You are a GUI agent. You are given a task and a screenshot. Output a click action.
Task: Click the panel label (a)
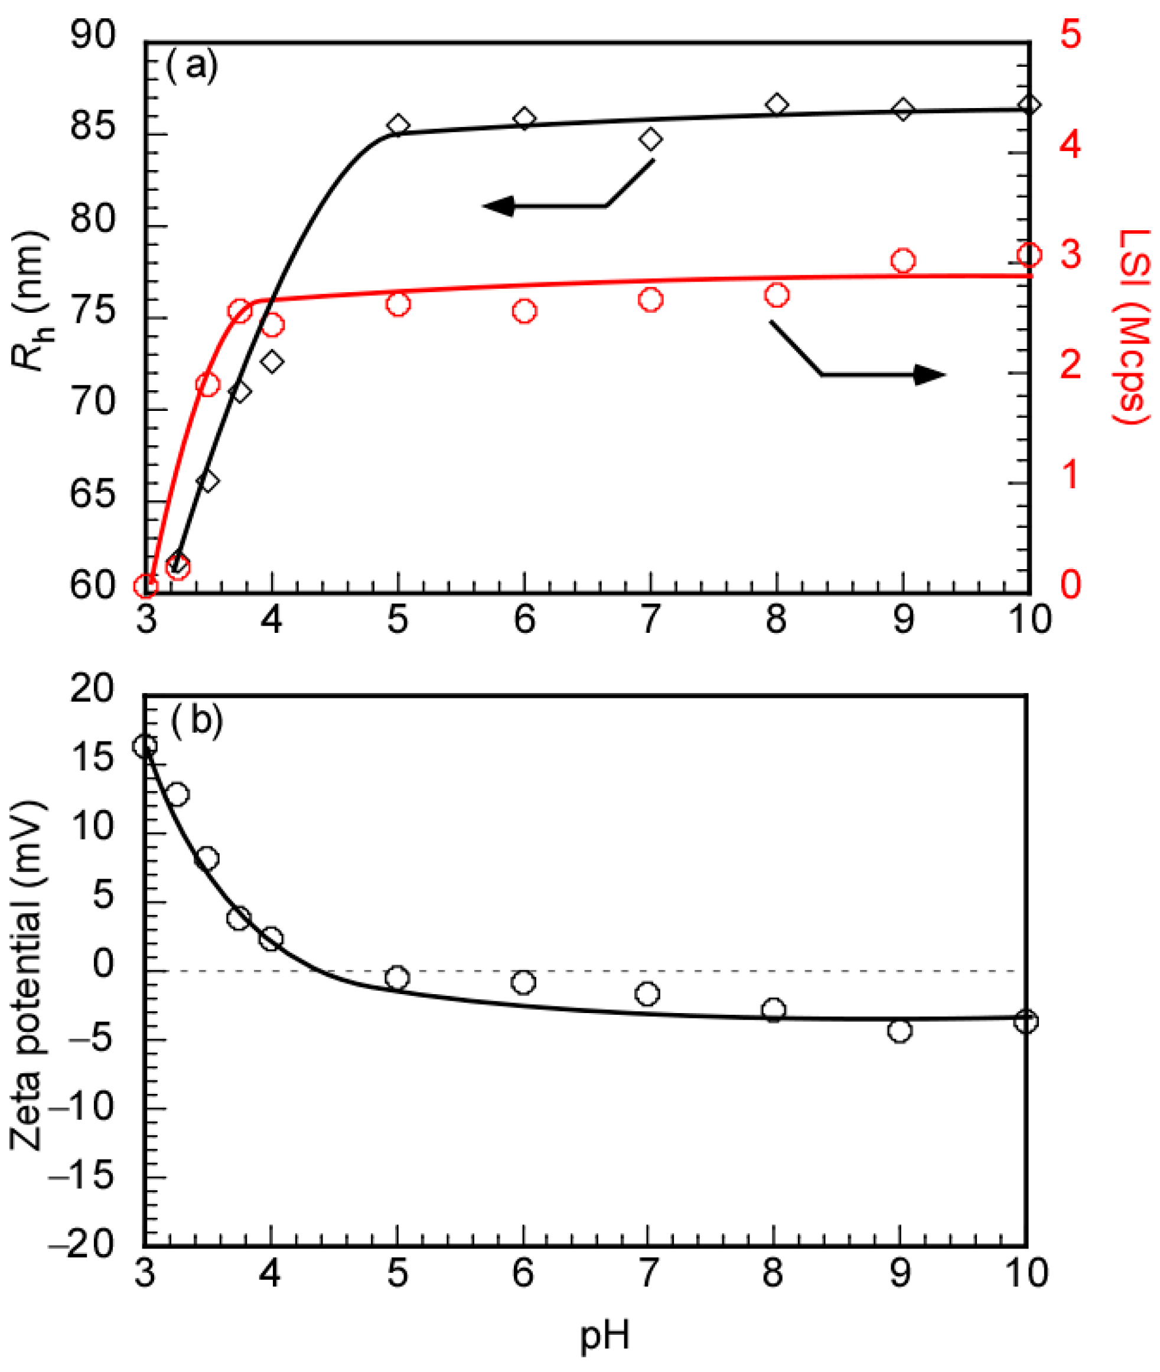point(191,66)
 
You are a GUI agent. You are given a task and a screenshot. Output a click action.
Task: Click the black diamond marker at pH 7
point(650,139)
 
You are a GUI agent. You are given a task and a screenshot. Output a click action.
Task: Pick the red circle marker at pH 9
point(903,261)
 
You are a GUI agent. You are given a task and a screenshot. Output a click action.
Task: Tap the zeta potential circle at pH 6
point(523,982)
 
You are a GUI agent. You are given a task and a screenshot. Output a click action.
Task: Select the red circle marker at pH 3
point(145,586)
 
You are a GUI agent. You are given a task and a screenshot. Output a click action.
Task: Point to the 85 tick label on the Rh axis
point(92,127)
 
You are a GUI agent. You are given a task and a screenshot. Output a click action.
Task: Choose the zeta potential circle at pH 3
point(145,746)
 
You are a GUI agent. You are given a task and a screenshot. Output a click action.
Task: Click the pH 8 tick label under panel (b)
point(773,1273)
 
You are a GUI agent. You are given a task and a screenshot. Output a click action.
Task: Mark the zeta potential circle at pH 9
point(900,1030)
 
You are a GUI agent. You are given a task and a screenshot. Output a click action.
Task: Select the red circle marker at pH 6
point(524,311)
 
